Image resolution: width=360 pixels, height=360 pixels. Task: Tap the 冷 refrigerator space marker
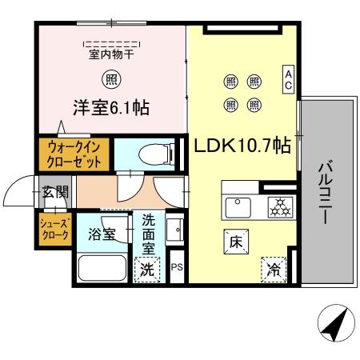tap(273, 269)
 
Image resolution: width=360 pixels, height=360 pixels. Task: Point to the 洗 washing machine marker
tap(147, 270)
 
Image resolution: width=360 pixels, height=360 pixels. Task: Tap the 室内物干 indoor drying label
tap(110, 54)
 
